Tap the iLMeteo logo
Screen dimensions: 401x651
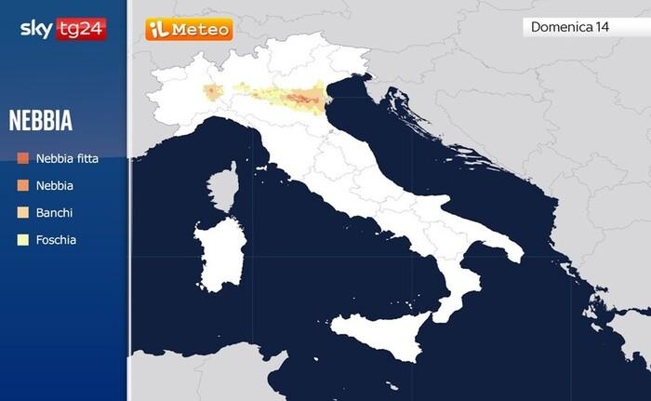(189, 30)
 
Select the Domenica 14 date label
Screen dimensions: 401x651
(569, 27)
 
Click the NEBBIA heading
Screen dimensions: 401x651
(41, 121)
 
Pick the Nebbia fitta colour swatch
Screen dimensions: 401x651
(22, 159)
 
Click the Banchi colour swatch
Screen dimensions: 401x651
(22, 213)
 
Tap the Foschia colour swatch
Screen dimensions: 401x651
(22, 240)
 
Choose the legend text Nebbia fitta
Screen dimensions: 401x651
(67, 159)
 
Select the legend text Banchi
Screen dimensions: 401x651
(54, 213)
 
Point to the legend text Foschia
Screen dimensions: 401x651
(56, 240)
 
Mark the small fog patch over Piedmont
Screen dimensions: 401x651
(212, 91)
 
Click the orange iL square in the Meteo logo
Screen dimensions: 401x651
(157, 30)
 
